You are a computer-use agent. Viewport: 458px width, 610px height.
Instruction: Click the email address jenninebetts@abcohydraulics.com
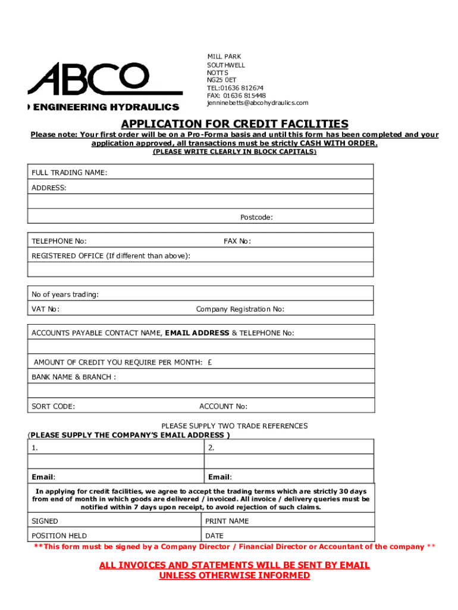tap(258, 103)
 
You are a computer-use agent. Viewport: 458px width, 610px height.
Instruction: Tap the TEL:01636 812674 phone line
tap(235, 88)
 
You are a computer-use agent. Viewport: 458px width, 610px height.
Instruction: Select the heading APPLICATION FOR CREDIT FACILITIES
tap(234, 124)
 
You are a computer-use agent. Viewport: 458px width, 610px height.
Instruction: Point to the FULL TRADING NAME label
tap(69, 173)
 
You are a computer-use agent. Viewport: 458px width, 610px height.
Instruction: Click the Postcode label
tap(256, 217)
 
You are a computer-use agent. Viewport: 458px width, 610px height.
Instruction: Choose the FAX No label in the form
tap(237, 241)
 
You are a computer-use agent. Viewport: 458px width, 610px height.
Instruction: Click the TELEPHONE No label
tap(59, 241)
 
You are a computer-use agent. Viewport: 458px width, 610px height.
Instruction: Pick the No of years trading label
tap(65, 294)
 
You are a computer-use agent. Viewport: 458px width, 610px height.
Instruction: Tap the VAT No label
tap(45, 309)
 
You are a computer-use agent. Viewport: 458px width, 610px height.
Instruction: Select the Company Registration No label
tap(240, 309)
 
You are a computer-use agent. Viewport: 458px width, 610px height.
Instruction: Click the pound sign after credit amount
tap(211, 362)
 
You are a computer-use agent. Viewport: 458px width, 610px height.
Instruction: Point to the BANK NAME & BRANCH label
tap(74, 377)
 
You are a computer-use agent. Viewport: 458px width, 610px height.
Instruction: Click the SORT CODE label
tap(53, 406)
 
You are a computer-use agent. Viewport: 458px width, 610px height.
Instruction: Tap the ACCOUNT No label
tap(223, 406)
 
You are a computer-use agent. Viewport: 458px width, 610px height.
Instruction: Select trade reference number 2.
tap(211, 447)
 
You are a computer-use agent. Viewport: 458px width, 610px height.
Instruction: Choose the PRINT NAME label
tap(227, 521)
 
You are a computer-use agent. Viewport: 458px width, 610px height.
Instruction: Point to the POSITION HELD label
tap(59, 536)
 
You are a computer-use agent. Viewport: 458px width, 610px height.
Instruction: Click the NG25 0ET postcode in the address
tap(221, 80)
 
